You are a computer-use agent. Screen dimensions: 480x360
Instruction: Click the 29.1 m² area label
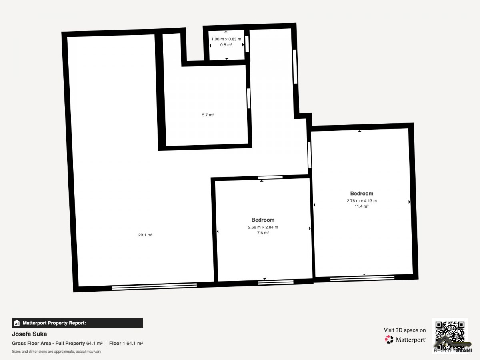145,235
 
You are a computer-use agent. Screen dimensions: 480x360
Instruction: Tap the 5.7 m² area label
208,115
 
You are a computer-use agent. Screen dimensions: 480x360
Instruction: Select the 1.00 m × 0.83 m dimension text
226,39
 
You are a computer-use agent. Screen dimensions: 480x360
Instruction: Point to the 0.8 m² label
226,45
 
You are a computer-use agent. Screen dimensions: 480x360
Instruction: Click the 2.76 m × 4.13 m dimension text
362,201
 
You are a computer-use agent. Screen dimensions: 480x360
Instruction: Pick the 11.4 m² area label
362,206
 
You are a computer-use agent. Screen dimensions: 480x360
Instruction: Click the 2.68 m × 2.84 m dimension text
263,227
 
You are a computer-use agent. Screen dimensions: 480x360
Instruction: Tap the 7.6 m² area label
263,233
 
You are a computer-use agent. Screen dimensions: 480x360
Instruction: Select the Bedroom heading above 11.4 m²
362,194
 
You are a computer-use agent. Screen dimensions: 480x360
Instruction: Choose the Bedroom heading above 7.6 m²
263,220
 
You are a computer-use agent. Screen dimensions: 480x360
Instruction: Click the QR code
450,336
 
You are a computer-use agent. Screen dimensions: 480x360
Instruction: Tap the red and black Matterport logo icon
389,340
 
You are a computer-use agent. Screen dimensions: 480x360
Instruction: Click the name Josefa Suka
29,334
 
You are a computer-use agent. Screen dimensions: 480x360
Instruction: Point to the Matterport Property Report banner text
54,323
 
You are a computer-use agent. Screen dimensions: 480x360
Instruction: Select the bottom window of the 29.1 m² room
154,286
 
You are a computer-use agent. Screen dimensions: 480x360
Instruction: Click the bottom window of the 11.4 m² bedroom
362,278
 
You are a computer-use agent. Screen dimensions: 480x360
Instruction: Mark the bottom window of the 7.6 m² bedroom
276,282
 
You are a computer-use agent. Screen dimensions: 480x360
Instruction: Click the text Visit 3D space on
405,330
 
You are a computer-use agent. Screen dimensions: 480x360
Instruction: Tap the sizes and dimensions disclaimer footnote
56,352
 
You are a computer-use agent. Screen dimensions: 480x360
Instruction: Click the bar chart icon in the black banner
17,323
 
